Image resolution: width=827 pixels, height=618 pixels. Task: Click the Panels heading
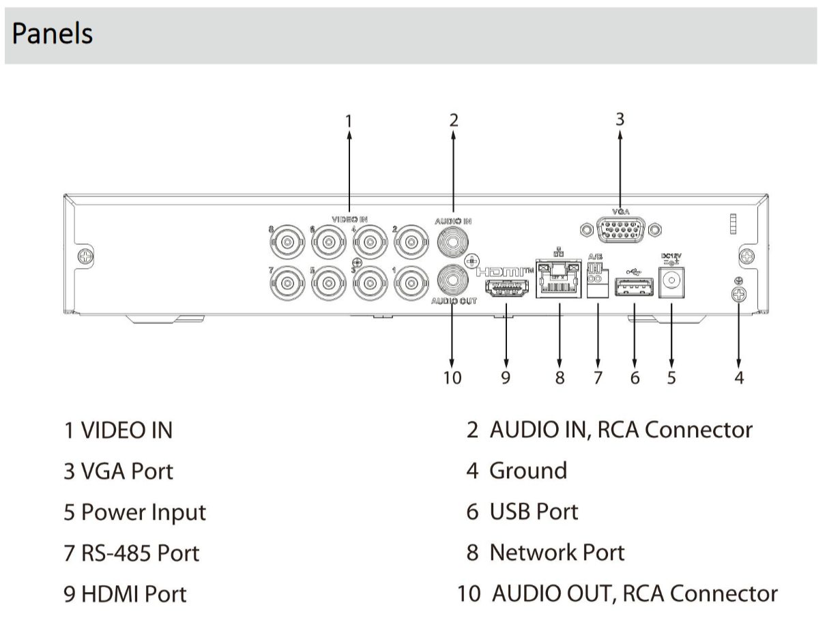point(53,33)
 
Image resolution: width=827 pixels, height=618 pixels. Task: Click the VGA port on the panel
point(620,230)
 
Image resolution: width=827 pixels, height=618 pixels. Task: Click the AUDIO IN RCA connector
point(453,239)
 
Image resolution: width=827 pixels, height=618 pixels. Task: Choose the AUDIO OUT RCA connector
point(453,278)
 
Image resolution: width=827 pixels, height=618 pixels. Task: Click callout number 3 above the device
point(620,119)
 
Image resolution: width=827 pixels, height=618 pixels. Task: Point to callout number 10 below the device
point(452,377)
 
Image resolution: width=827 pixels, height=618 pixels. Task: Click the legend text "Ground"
point(527,471)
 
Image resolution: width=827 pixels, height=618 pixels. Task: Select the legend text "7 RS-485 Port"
point(132,553)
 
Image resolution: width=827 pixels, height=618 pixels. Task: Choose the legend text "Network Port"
point(557,553)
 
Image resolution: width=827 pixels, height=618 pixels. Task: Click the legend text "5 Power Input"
point(134,512)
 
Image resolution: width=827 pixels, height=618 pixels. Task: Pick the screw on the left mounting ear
point(85,256)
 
